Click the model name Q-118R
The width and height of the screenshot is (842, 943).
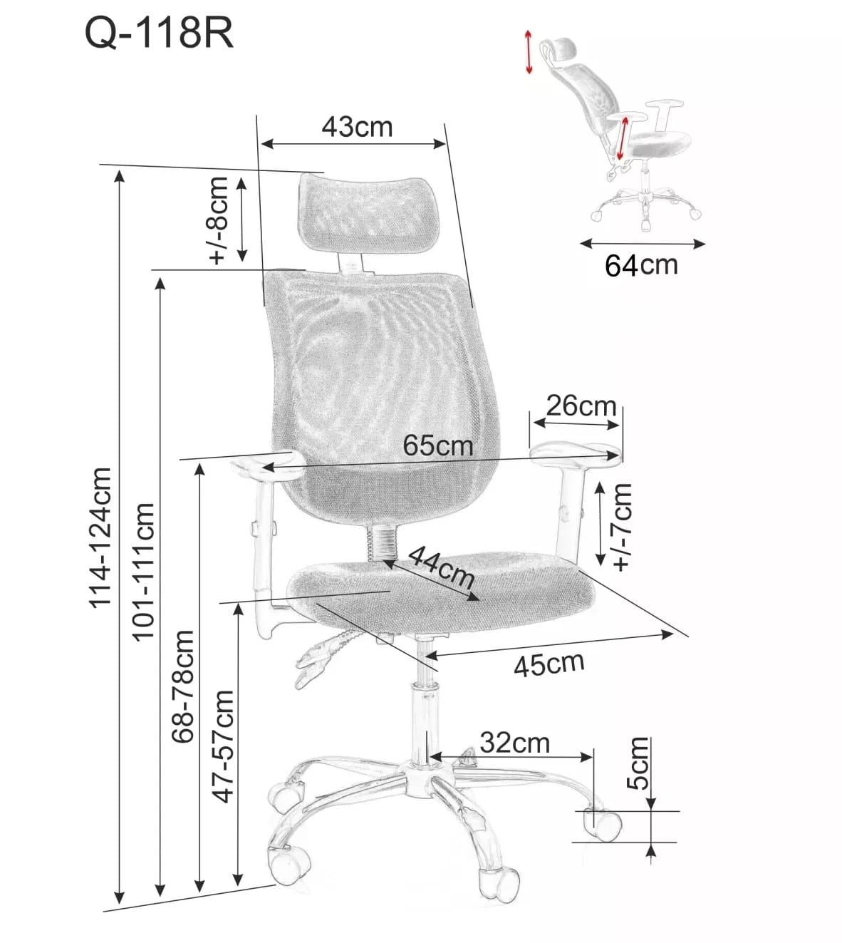pos(159,34)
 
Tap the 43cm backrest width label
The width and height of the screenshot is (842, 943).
pos(358,127)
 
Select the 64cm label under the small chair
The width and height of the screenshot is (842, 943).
pos(641,265)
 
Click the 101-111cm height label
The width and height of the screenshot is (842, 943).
pos(143,572)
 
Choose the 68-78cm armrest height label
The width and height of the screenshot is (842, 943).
pos(183,686)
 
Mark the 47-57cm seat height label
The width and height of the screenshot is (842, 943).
pos(222,747)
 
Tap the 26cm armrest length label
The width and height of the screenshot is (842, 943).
pos(581,406)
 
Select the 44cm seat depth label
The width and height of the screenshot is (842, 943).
pos(440,567)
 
